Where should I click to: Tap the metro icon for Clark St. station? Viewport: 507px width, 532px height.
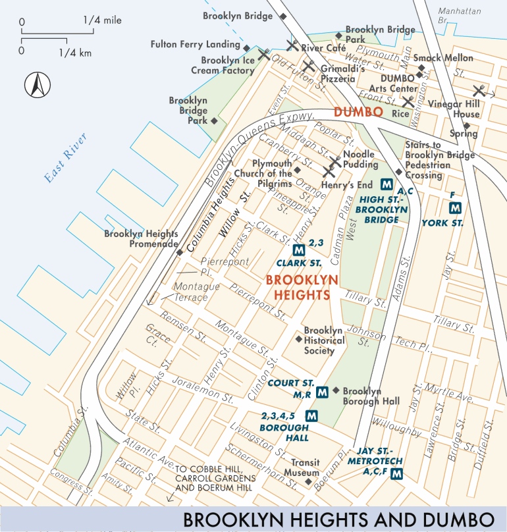pos(299,250)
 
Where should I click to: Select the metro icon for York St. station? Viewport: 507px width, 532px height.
pos(454,208)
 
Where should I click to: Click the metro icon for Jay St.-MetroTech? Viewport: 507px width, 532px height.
pos(396,474)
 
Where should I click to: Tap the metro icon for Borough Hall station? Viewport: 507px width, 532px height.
pos(311,416)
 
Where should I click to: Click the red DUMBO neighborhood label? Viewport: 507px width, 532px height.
pos(358,113)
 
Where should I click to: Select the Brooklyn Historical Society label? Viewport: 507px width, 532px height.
pos(323,340)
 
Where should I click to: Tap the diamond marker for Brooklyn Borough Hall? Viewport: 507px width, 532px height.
pos(336,390)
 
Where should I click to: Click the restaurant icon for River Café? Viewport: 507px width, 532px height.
pos(291,46)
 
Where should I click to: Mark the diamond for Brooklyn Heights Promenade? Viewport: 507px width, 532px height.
pos(178,252)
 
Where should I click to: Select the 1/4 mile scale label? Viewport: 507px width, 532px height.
pos(102,21)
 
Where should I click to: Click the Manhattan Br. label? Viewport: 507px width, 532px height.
pos(459,16)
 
